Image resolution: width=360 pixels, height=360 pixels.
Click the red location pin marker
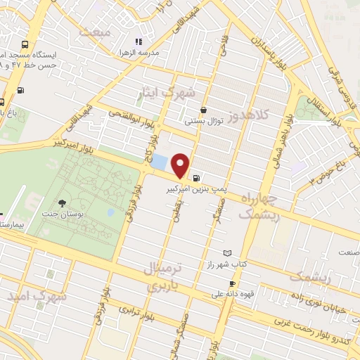(x=181, y=165)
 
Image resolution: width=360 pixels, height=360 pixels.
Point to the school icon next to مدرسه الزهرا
(x=139, y=41)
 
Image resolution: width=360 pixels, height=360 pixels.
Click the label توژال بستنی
(x=203, y=121)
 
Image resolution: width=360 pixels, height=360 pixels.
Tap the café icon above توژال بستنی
(x=203, y=110)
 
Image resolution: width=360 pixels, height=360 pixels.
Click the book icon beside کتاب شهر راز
(x=226, y=252)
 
